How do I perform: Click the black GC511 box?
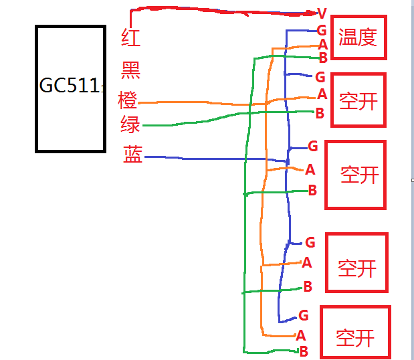click(70, 88)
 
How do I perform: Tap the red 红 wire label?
click(131, 37)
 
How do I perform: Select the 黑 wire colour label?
click(131, 68)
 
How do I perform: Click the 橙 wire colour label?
click(128, 100)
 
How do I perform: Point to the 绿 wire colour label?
click(130, 124)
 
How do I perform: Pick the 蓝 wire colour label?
click(132, 155)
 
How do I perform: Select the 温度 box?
click(358, 37)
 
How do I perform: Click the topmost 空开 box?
click(358, 100)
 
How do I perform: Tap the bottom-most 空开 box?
click(354, 333)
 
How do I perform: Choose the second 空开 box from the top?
click(355, 174)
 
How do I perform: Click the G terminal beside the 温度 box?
click(322, 31)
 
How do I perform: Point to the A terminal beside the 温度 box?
click(322, 44)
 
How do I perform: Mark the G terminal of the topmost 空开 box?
click(320, 76)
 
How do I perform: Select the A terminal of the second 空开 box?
click(310, 169)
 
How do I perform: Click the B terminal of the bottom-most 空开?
click(303, 351)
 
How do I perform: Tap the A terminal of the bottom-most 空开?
click(301, 335)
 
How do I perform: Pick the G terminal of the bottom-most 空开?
click(303, 315)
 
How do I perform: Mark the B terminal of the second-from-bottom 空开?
click(308, 286)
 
